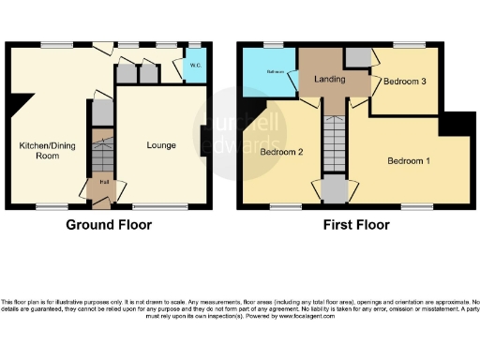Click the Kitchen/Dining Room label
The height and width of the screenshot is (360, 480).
pos(41,151)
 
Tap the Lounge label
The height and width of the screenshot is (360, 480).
pos(161,145)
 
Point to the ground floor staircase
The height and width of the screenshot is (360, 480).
pos(101,152)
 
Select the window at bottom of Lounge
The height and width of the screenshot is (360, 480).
pos(153,205)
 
